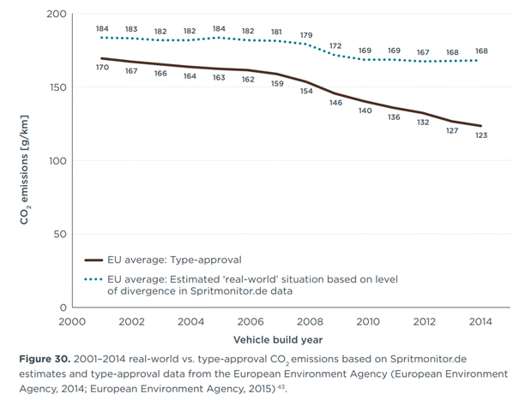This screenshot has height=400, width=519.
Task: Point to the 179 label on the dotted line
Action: tap(306, 35)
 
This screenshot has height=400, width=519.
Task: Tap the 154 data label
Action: tap(306, 92)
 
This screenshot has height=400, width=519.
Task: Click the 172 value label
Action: tap(336, 45)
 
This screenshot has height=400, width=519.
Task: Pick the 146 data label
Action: tap(336, 103)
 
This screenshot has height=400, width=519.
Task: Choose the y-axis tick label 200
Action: tap(56, 15)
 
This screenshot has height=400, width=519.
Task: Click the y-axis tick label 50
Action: tap(59, 233)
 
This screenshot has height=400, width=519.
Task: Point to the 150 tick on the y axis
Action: tap(56, 87)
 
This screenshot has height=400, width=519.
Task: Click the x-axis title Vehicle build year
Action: tap(277, 338)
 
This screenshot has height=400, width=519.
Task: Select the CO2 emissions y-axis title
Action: tap(26, 161)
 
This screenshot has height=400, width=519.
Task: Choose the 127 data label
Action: tap(452, 131)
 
